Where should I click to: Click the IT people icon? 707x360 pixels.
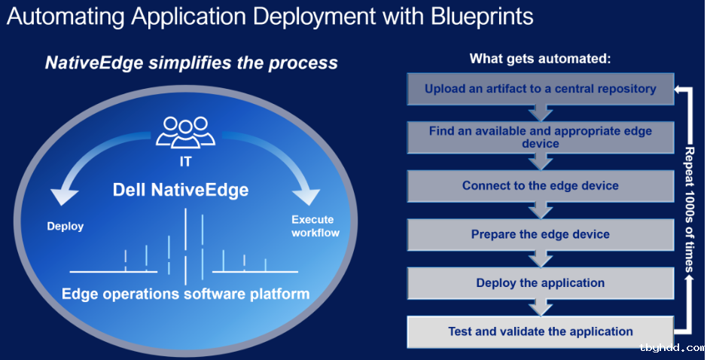tap(185, 132)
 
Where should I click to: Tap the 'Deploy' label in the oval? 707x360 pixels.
tap(66, 226)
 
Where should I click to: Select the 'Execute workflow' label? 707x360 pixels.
tap(315, 226)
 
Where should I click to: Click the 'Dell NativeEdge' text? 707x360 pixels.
tap(181, 190)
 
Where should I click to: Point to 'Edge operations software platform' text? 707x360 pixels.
tap(185, 294)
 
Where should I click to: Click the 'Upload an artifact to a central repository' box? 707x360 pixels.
tap(540, 89)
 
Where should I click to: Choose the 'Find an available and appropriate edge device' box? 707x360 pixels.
tap(540, 137)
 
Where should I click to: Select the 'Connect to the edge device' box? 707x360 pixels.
tap(540, 186)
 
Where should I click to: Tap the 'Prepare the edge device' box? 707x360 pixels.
tap(540, 234)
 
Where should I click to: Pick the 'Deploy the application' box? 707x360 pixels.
tap(540, 283)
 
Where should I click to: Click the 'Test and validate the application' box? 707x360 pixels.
tap(540, 332)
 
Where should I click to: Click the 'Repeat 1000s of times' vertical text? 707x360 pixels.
tap(690, 209)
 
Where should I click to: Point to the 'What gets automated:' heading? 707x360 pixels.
tap(540, 59)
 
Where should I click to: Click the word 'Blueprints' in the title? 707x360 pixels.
tap(482, 17)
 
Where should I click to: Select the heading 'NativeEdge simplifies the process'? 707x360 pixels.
tap(191, 63)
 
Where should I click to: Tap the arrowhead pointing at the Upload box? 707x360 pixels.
tap(678, 89)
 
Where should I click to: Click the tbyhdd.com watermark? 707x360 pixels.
tap(672, 348)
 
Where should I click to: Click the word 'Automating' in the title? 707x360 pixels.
tap(66, 17)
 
